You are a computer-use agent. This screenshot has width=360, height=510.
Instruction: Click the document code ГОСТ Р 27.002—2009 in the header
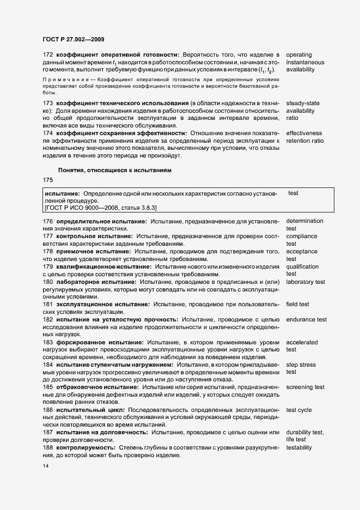(74, 39)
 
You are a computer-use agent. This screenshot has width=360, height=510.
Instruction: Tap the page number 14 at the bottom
(46, 466)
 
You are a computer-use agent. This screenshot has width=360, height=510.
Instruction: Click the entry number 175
(48, 180)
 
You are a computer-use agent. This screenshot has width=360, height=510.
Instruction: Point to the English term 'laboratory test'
(305, 282)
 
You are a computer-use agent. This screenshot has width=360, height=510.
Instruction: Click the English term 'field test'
(297, 304)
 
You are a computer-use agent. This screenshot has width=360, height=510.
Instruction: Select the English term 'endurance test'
(306, 319)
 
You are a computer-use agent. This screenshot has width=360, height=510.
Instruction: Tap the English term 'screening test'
(306, 387)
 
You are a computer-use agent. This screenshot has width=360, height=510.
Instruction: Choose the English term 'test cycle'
(298, 409)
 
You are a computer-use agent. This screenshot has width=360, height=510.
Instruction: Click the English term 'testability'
(299, 447)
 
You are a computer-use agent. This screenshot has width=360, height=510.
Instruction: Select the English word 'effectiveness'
(304, 133)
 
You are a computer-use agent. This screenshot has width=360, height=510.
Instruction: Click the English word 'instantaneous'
(305, 62)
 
